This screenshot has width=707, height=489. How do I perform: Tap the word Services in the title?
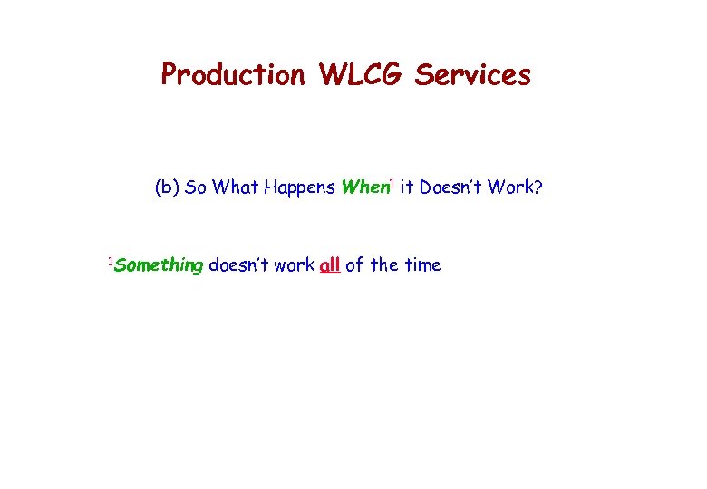tap(472, 74)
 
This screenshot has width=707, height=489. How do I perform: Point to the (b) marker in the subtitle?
tap(167, 188)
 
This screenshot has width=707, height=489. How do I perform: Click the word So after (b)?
tap(196, 188)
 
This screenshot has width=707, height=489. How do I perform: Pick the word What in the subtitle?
tap(236, 188)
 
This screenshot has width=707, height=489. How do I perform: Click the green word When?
tap(363, 188)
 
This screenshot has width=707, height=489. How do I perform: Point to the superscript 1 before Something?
tap(110, 262)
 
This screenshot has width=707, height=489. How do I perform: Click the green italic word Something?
tap(159, 265)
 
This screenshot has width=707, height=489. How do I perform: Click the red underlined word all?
tap(330, 265)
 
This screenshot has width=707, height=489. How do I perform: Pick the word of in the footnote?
tap(355, 265)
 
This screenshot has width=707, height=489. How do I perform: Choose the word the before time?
tap(384, 265)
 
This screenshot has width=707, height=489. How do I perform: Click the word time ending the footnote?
tap(421, 265)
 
